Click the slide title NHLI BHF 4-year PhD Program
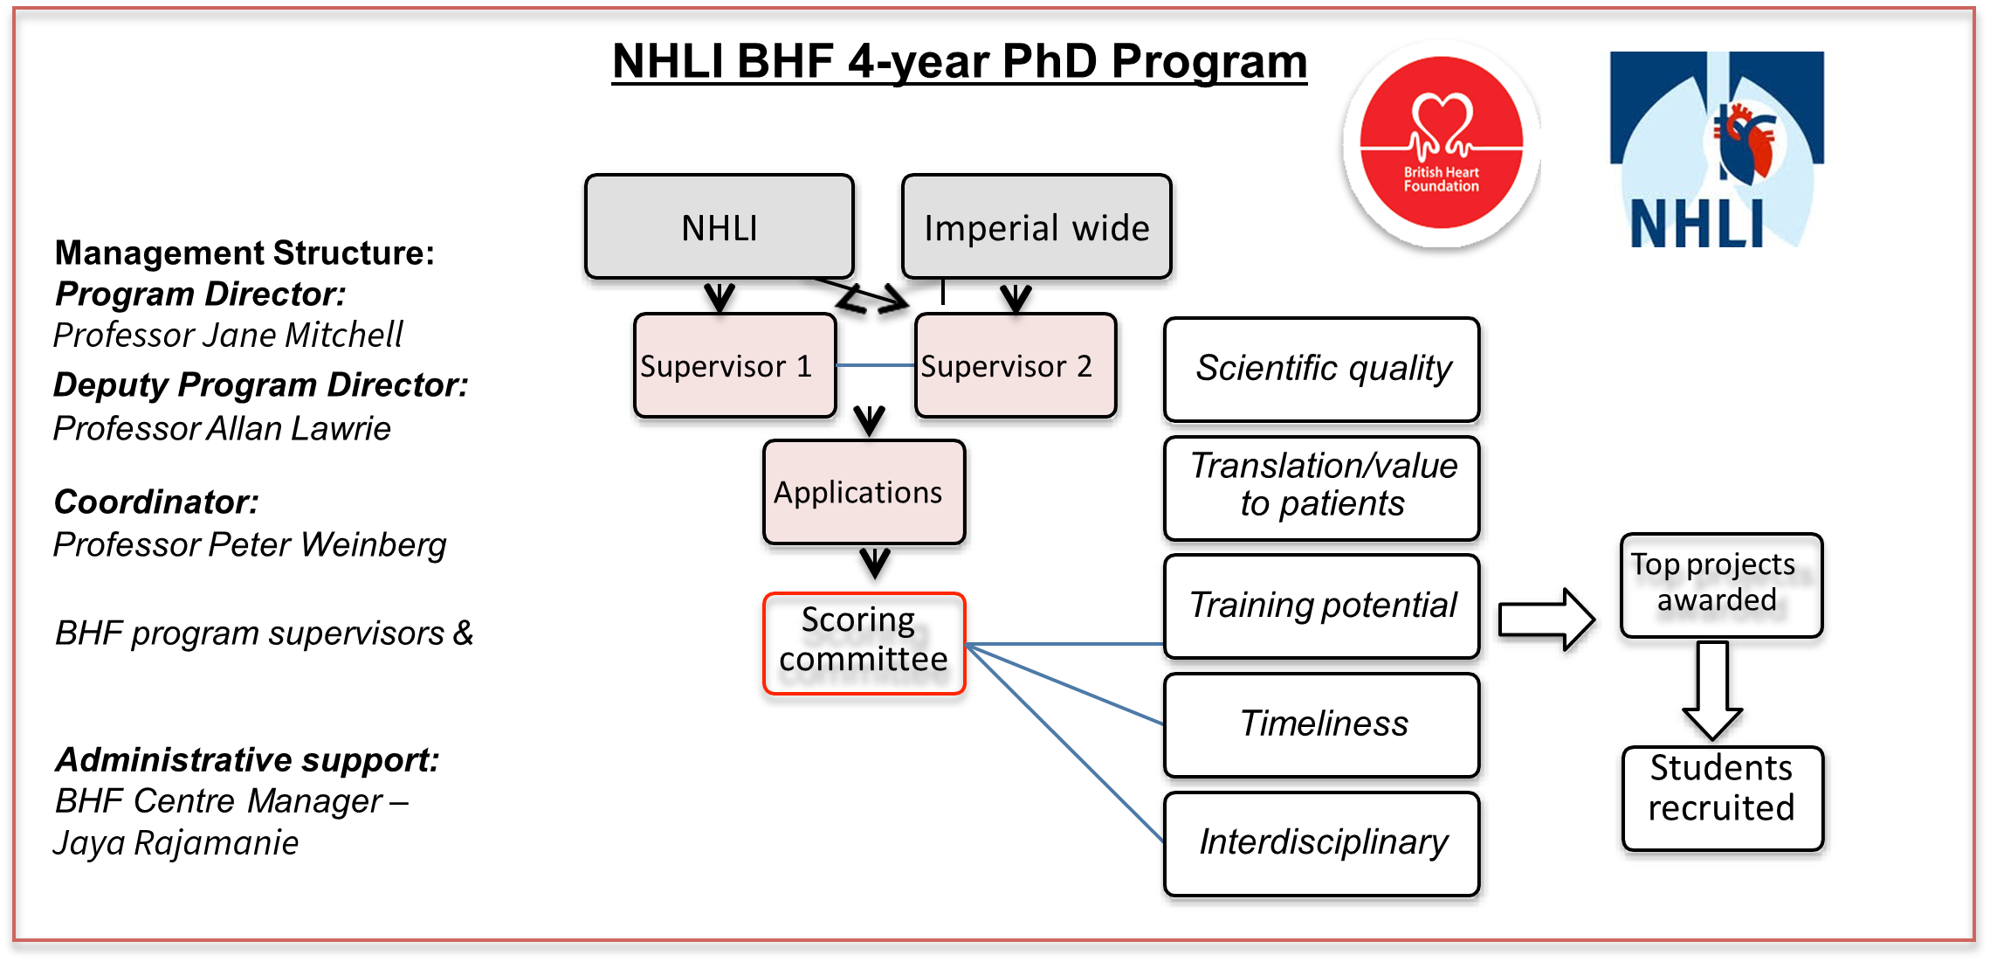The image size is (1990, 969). point(959,62)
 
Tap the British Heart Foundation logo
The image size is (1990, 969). point(1441,143)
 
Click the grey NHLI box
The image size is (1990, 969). point(719,227)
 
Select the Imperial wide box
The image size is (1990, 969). point(1036,227)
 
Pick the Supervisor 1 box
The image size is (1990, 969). point(734,365)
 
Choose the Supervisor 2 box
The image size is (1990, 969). point(1016,365)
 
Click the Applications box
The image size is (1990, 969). point(864,493)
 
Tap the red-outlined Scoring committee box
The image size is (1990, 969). point(864,643)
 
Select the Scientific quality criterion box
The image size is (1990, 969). point(1321,369)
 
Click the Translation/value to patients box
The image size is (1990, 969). point(1321,488)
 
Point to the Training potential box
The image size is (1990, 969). point(1321,606)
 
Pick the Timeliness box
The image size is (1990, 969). point(1321,724)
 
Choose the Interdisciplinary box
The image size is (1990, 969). point(1321,843)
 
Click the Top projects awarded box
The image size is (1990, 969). point(1720,585)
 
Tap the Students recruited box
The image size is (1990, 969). point(1722,798)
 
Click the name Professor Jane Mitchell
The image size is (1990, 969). point(228,336)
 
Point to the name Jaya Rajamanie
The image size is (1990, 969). point(176,843)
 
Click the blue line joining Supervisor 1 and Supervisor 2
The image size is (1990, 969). point(875,364)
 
